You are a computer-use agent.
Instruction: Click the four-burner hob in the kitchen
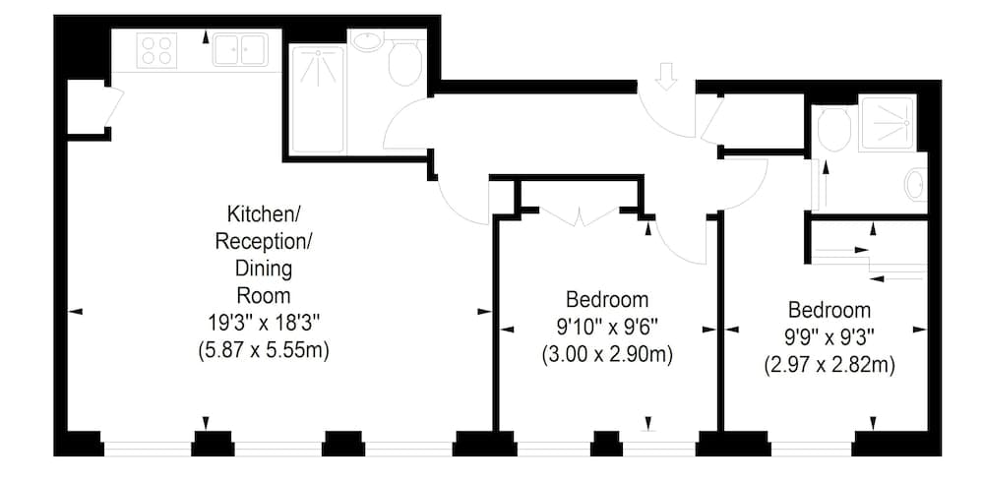pyautogui.click(x=157, y=49)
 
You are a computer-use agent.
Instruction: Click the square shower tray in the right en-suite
pyautogui.click(x=887, y=123)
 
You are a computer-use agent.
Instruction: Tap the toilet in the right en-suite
pyautogui.click(x=833, y=129)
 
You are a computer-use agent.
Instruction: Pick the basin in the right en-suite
pyautogui.click(x=914, y=184)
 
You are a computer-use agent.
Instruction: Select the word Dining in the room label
pyautogui.click(x=263, y=268)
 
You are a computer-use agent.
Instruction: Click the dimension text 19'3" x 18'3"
pyautogui.click(x=263, y=320)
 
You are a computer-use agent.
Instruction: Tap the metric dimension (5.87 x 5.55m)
pyautogui.click(x=263, y=347)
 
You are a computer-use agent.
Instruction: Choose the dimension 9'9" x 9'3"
pyautogui.click(x=829, y=336)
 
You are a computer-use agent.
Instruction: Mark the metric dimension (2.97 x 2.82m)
pyautogui.click(x=829, y=365)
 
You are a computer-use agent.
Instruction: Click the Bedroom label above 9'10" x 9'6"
pyautogui.click(x=607, y=299)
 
